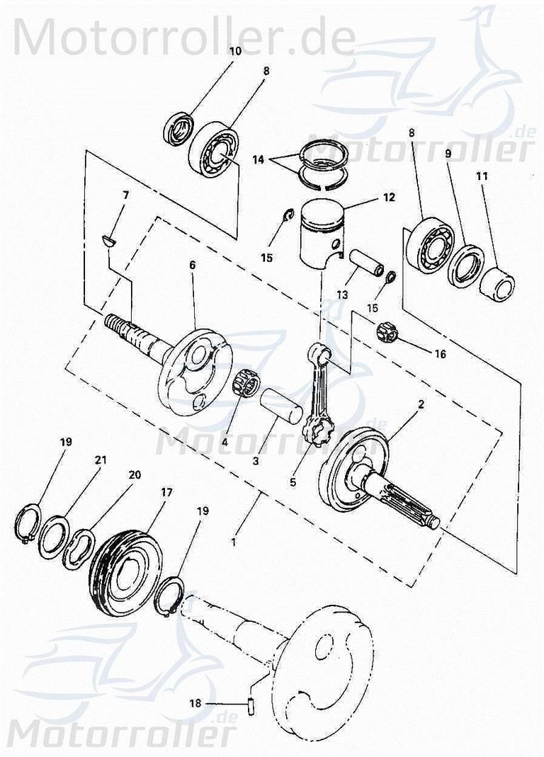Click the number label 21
pyautogui.click(x=101, y=460)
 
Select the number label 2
pyautogui.click(x=421, y=404)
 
